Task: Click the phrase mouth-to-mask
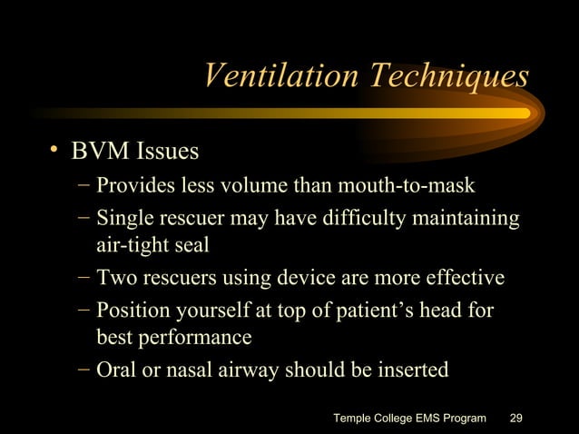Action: [x=418, y=186]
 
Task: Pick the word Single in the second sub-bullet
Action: [x=123, y=219]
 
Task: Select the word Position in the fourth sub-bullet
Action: [x=131, y=311]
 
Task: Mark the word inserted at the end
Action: [x=413, y=370]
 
